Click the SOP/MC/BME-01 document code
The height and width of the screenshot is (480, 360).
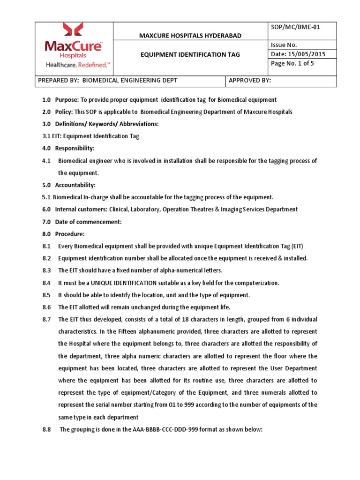(294, 28)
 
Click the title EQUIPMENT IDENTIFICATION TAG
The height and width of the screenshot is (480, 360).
(191, 54)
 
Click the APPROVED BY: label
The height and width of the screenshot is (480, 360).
(250, 81)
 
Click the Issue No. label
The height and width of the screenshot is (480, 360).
(284, 45)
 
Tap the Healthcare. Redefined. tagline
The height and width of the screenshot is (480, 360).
(77, 65)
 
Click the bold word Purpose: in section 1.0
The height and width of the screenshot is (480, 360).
(67, 100)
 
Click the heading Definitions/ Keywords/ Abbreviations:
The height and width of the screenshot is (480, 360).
(107, 124)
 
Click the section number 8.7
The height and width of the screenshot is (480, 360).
(46, 319)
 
